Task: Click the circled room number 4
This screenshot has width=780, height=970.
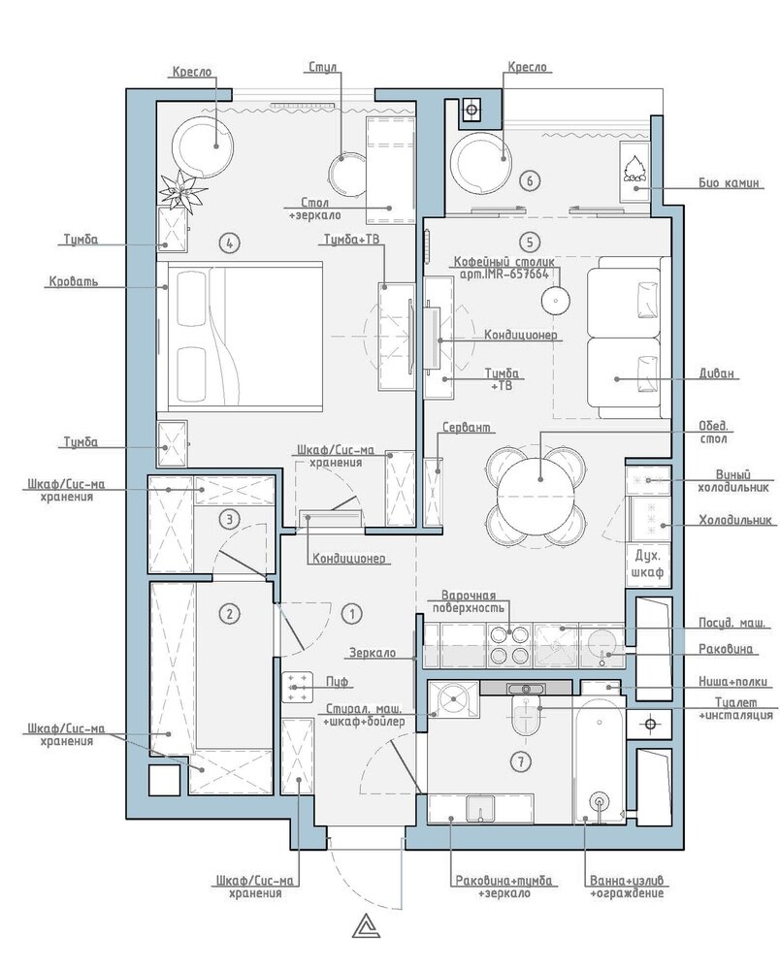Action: [x=230, y=242]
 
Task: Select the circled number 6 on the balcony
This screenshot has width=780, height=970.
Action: [x=530, y=180]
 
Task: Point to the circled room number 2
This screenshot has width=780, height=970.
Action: [x=230, y=614]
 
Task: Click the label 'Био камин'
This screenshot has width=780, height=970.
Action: [x=729, y=183]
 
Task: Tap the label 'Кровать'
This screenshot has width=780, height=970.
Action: [x=74, y=282]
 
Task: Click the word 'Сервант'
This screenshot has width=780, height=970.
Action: [x=467, y=428]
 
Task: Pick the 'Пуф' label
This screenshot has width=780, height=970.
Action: [x=337, y=681]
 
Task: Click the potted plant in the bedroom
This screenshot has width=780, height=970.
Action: [x=182, y=190]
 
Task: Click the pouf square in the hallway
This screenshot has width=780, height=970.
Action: [x=299, y=687]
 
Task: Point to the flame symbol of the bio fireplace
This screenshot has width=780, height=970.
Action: [x=634, y=168]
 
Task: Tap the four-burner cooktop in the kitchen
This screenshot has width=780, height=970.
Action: [x=509, y=645]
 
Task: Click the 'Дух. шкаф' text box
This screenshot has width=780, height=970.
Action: [x=648, y=563]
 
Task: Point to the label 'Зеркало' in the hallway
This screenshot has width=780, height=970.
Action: [x=373, y=653]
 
